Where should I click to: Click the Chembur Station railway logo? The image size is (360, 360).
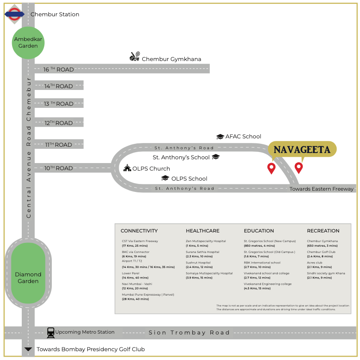(15, 14)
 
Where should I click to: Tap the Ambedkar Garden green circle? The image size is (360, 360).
(28, 43)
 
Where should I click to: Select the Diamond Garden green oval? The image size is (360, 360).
(28, 273)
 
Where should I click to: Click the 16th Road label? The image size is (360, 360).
(59, 69)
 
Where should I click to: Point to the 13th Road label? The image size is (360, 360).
(59, 104)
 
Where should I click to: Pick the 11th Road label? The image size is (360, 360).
(59, 145)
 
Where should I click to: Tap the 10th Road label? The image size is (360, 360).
(59, 168)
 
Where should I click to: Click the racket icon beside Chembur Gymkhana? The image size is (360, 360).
(135, 57)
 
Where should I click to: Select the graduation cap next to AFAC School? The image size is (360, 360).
(220, 137)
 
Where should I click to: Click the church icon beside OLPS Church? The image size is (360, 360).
(127, 168)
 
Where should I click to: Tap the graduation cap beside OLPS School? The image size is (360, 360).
(165, 178)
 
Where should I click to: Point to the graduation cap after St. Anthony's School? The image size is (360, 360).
(216, 157)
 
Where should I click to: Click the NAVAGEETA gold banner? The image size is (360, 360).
(302, 149)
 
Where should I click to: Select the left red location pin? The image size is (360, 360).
(271, 169)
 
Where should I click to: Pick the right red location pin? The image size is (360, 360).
(299, 168)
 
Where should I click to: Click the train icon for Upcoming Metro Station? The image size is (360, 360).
(51, 332)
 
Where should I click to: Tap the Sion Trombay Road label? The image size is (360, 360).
(189, 333)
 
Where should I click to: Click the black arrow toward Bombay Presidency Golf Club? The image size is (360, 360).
(28, 349)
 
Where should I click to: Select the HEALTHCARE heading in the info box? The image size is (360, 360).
(202, 231)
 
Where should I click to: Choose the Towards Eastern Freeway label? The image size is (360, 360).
(322, 189)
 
